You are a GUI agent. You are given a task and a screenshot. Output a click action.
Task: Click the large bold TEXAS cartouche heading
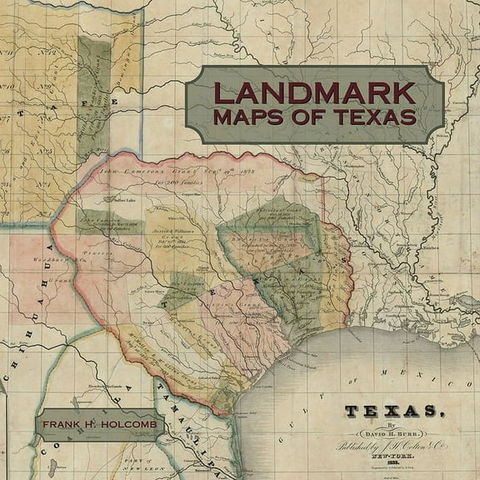(x=390, y=412)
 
